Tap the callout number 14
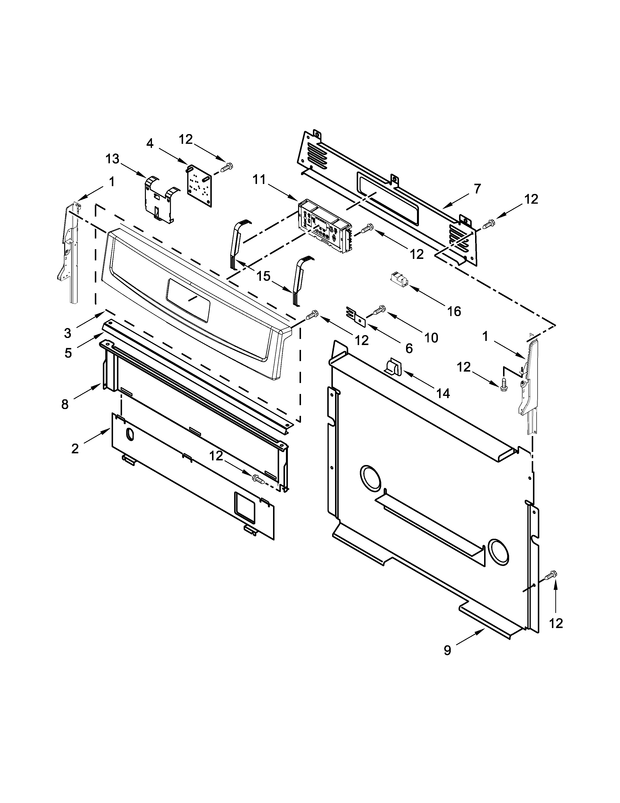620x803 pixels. point(443,393)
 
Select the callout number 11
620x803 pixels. point(259,180)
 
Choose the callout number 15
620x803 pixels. point(263,276)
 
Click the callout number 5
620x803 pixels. point(68,353)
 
